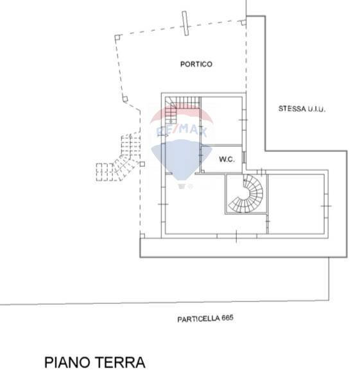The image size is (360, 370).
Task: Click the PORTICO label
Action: click(196, 64)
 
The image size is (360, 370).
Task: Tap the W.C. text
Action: click(226, 159)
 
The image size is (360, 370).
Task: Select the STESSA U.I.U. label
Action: click(302, 110)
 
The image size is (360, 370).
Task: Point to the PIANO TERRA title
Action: click(95, 362)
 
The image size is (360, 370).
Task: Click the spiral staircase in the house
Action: click(245, 194)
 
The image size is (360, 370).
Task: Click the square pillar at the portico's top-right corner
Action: click(244, 21)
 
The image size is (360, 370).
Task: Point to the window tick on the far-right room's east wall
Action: click(326, 205)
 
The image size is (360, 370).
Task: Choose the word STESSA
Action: click(289, 110)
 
